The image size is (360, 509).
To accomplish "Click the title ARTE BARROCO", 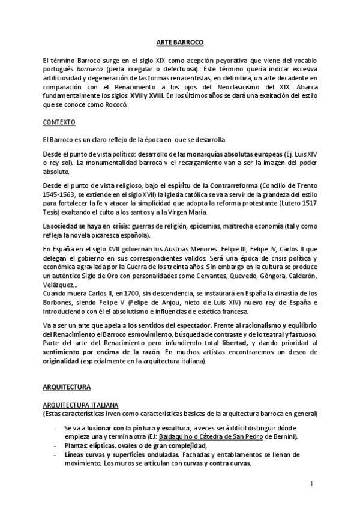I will [x=180, y=43].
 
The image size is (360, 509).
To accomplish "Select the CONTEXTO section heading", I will [x=59, y=122].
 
